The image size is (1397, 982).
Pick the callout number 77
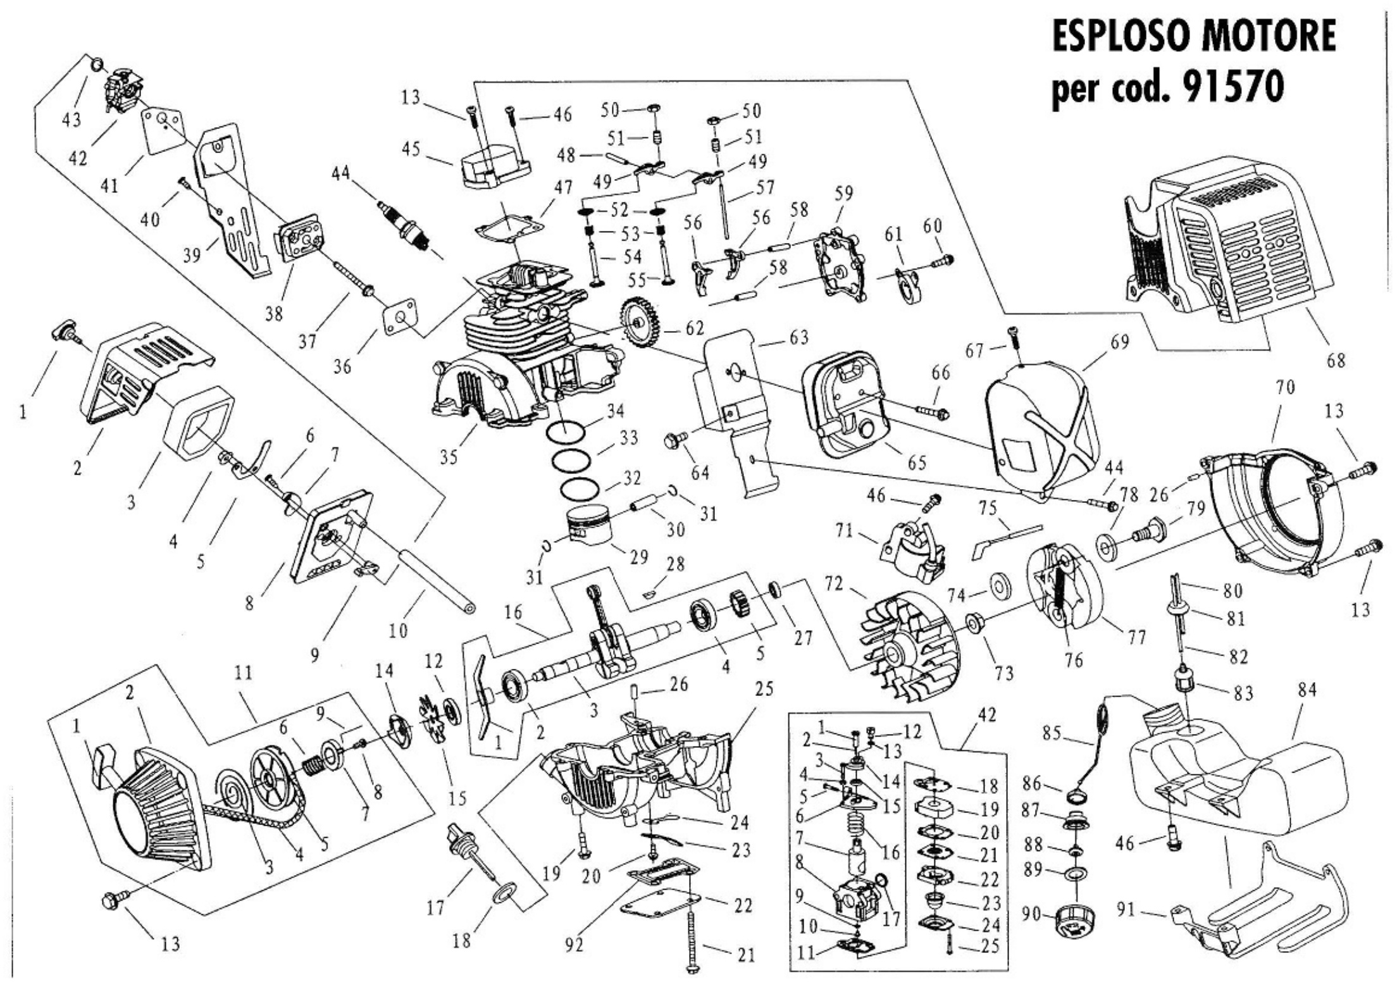(1136, 636)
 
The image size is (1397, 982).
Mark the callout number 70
(1284, 387)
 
